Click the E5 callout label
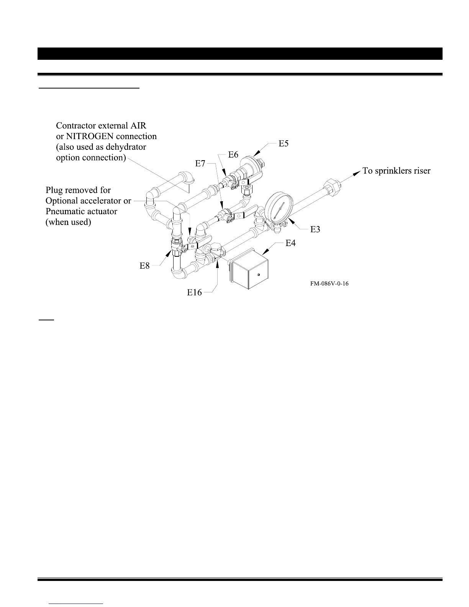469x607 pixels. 284,144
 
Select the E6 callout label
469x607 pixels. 233,154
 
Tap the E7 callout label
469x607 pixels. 200,164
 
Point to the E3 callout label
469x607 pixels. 315,229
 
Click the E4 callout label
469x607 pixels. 291,243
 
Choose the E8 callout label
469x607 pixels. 144,266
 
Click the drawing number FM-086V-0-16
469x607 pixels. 330,284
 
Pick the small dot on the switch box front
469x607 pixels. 259,274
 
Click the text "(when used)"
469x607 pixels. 68,222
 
